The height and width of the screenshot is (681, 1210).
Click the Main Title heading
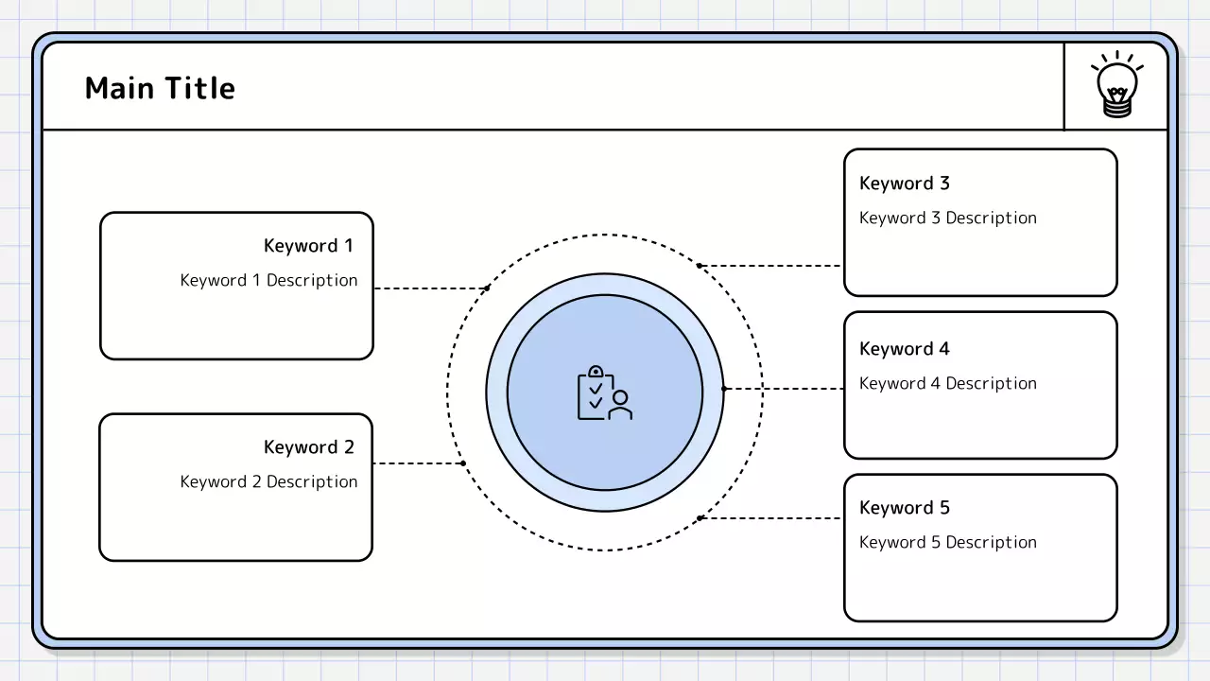[160, 88]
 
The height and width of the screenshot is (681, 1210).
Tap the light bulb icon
[1117, 86]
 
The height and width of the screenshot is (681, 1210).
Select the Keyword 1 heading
[308, 246]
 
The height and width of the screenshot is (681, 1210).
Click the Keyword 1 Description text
[269, 280]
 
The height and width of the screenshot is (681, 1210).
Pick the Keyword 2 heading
[308, 447]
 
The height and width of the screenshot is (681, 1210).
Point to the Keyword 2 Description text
[269, 481]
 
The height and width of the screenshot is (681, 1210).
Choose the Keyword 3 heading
[905, 183]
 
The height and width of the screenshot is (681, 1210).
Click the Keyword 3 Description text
[948, 218]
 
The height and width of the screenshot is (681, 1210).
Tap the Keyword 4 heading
[905, 349]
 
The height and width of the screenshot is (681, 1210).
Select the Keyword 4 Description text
[948, 383]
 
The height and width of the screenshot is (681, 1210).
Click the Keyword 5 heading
[905, 508]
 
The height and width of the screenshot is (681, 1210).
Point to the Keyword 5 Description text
[948, 542]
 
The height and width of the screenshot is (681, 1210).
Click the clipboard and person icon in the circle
[604, 393]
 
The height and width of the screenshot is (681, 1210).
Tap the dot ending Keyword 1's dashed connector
[487, 288]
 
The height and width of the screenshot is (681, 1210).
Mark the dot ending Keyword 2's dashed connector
[463, 463]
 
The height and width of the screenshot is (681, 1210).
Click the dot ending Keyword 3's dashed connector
[700, 266]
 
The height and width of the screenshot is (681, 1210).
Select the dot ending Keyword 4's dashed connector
[724, 389]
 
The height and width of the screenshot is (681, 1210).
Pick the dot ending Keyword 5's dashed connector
[700, 518]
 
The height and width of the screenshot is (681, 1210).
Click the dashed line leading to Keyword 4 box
[785, 389]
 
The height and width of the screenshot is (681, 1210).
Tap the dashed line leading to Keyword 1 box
[430, 288]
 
